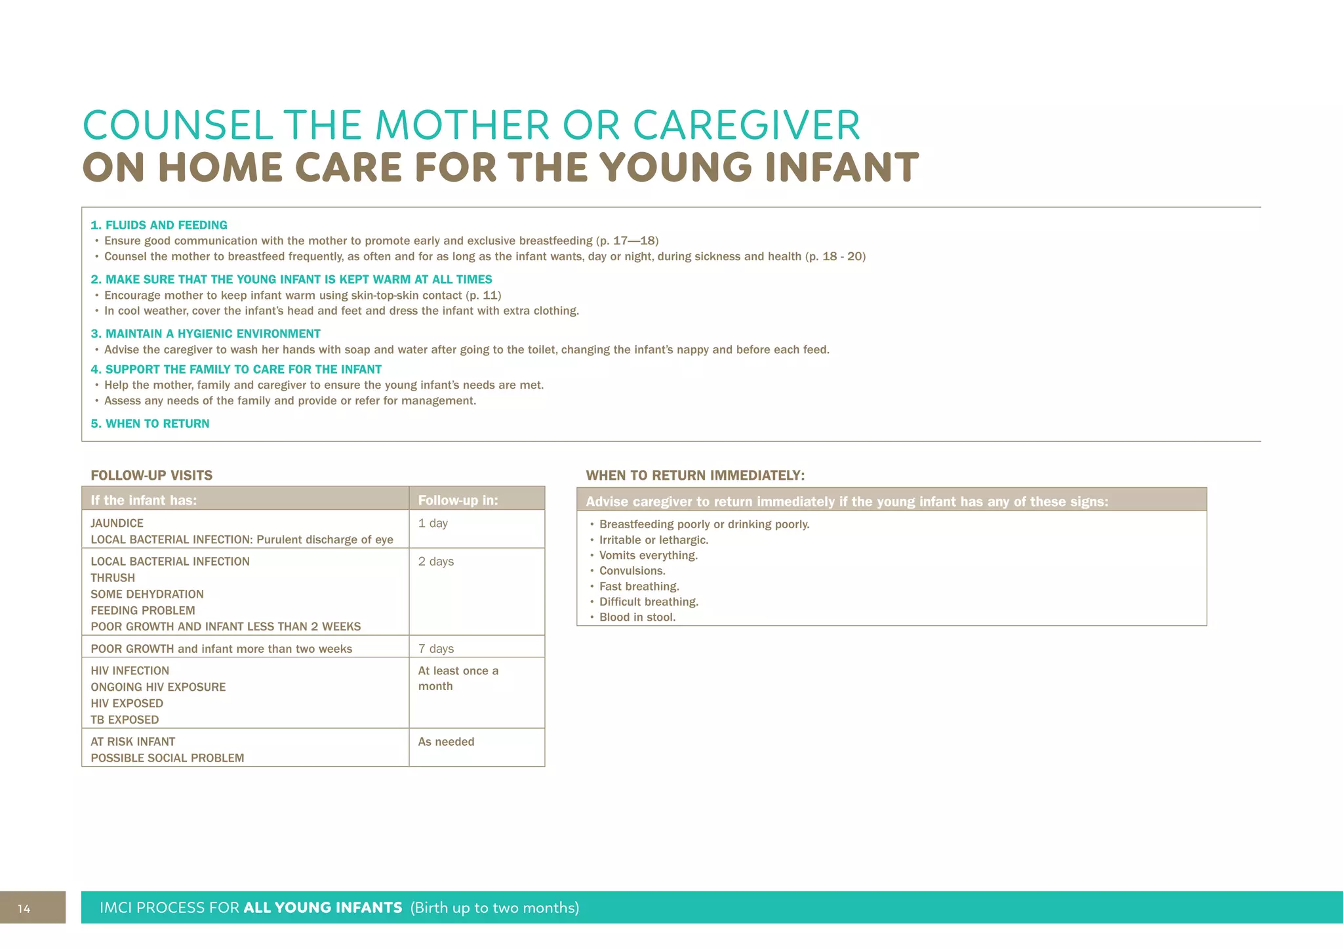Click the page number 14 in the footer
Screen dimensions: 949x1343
click(x=24, y=908)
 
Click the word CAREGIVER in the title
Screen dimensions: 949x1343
click(x=746, y=125)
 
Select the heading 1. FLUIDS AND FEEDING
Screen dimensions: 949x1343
click(x=159, y=225)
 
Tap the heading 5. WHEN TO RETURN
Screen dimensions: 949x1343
click(x=150, y=423)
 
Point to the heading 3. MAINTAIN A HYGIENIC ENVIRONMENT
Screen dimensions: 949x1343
click(x=205, y=334)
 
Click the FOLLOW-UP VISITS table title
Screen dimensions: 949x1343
click(x=151, y=475)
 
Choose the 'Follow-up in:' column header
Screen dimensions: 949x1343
click(x=458, y=500)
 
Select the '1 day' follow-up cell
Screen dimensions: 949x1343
click(x=433, y=523)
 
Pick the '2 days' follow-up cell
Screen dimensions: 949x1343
click(x=436, y=562)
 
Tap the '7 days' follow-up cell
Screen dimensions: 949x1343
click(x=436, y=649)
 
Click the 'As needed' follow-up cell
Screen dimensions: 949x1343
click(x=446, y=742)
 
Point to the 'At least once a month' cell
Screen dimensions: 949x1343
click(x=458, y=678)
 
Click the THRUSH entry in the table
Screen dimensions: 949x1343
click(x=113, y=578)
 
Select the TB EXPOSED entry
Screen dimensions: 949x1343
click(x=125, y=720)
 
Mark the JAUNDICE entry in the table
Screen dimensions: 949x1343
click(x=117, y=523)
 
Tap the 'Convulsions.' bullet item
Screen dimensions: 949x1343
click(x=632, y=571)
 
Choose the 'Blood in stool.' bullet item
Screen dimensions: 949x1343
click(x=637, y=617)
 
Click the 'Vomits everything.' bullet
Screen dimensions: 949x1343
click(x=648, y=556)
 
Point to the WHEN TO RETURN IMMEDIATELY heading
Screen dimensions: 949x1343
click(x=695, y=475)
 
